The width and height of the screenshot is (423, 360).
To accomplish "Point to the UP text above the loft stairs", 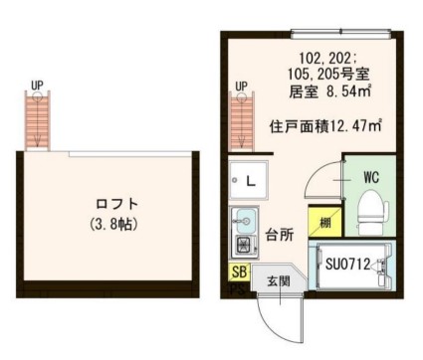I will (37, 86).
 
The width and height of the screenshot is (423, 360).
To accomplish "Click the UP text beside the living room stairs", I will (240, 86).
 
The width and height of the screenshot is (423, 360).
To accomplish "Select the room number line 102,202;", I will (323, 58).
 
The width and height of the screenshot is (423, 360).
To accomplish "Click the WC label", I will (371, 178).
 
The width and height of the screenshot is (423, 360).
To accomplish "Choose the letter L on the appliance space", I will (252, 181).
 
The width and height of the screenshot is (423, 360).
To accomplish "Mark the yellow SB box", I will (239, 271).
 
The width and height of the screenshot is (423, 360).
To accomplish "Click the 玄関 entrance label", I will (278, 280).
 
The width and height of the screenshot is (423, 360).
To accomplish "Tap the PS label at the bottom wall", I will (237, 290).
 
